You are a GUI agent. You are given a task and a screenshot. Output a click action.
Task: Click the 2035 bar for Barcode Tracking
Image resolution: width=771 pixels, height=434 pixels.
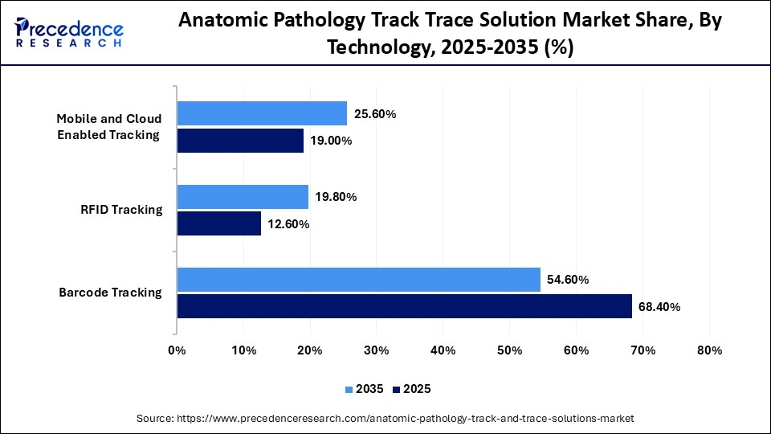[358, 280]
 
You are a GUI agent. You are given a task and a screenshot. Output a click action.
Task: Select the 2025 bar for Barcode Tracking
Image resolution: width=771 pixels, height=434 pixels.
[404, 306]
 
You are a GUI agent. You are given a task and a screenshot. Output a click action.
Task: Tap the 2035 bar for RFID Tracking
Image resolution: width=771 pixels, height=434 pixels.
[243, 197]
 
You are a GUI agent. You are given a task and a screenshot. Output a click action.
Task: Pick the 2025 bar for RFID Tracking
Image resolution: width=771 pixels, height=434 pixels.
[218, 223]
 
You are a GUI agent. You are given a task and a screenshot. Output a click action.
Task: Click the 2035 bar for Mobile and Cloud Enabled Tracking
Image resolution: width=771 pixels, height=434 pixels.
[262, 113]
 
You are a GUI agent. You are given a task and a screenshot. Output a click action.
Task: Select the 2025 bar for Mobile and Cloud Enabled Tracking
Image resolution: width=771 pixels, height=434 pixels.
[240, 141]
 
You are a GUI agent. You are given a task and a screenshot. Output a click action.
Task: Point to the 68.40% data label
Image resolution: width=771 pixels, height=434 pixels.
[659, 307]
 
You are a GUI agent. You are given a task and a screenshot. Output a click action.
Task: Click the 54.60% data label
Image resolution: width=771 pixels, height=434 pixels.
[567, 280]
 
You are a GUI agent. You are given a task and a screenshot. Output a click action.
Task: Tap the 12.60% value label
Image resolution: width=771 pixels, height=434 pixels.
[288, 224]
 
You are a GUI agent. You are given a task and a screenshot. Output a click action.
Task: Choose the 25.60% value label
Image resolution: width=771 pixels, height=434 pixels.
[373, 114]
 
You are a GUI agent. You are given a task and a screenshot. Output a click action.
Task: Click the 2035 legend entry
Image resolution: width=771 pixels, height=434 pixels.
[366, 389]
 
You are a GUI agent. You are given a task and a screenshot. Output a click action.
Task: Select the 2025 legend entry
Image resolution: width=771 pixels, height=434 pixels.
[412, 389]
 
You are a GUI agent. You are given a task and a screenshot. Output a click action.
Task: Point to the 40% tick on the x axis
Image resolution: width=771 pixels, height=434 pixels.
[443, 350]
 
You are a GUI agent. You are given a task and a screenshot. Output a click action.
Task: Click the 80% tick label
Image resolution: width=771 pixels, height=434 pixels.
[709, 350]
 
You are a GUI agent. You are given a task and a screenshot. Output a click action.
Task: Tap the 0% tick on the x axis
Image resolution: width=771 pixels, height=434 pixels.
[177, 350]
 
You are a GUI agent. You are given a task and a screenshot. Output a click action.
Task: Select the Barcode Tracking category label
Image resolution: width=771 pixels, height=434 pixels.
[111, 293]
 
